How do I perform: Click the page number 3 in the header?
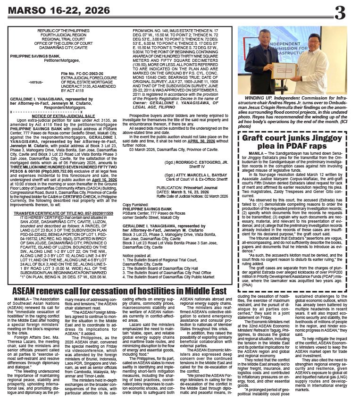click(x=340, y=12)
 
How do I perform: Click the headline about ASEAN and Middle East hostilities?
click(x=120, y=291)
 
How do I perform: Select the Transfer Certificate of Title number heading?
click(x=63, y=200)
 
